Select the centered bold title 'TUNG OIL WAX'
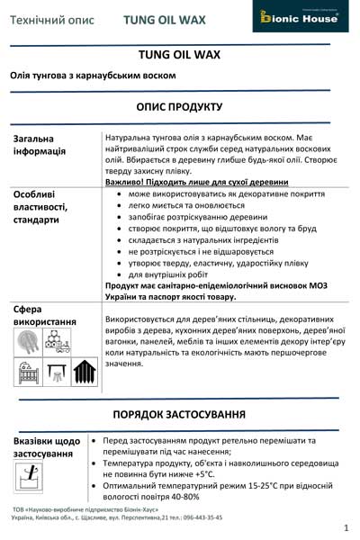pyautogui.click(x=179, y=55)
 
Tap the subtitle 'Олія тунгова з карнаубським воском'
pyautogui.click(x=94, y=76)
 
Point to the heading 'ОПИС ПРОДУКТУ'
pyautogui.click(x=179, y=106)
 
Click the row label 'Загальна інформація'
pyautogui.click(x=40, y=145)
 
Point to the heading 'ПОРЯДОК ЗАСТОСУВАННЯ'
pyautogui.click(x=179, y=414)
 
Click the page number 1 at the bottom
pyautogui.click(x=345, y=526)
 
